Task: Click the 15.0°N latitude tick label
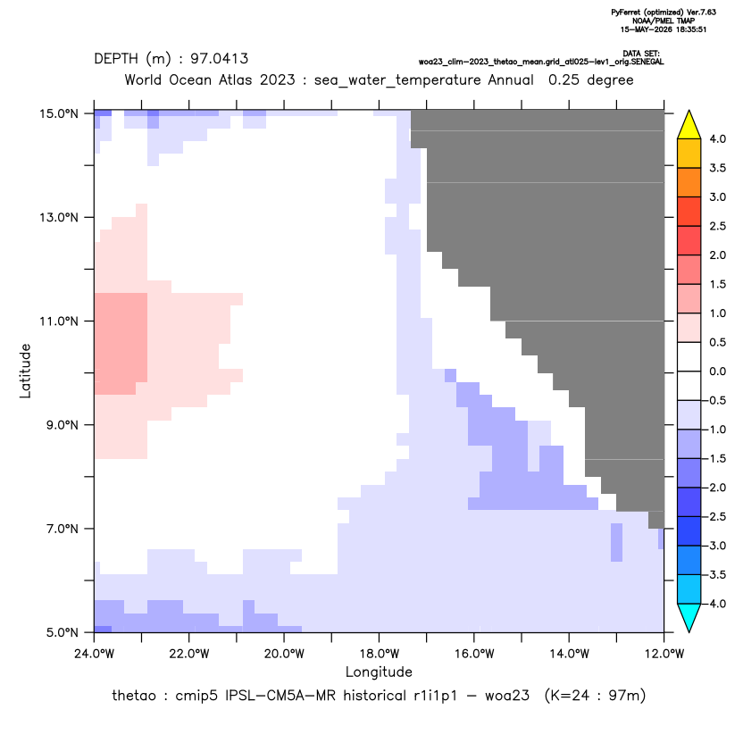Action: click(59, 113)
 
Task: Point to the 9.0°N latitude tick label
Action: click(63, 425)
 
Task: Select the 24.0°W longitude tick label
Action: click(94, 654)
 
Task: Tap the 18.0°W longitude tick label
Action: click(379, 654)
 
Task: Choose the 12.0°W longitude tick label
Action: click(664, 654)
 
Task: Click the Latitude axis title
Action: click(25, 371)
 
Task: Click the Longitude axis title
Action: click(379, 672)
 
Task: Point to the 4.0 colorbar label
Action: click(717, 138)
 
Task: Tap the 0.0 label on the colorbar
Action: click(717, 371)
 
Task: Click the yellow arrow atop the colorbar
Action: click(689, 125)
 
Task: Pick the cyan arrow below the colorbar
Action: click(689, 618)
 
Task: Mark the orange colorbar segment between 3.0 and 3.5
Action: click(689, 182)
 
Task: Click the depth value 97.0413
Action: click(220, 59)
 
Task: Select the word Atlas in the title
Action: click(236, 79)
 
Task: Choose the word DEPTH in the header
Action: click(116, 59)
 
